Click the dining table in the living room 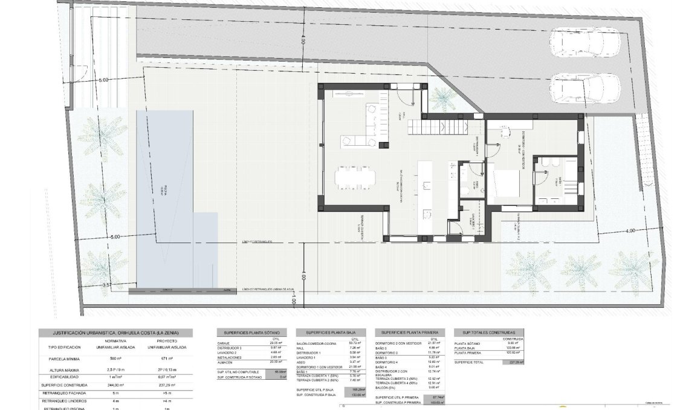(355, 176)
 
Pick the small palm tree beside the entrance (444, 98)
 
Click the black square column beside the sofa (383, 144)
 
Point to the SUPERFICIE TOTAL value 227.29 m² (514, 362)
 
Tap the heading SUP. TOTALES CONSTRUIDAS (488, 333)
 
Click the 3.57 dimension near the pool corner (107, 284)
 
